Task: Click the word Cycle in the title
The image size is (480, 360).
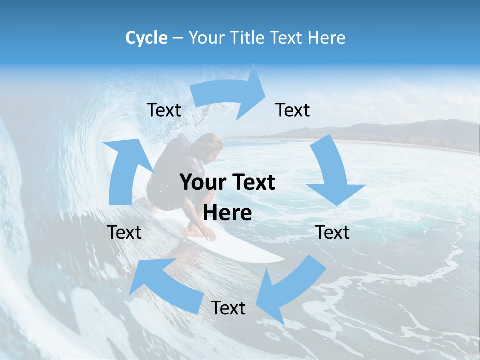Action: [146, 38]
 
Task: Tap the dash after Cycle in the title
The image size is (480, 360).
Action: [178, 38]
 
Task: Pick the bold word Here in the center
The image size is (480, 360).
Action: [227, 213]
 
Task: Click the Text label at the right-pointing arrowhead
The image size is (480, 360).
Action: [293, 110]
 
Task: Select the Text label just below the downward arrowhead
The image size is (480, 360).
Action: [333, 232]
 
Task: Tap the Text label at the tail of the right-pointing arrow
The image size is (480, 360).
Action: [164, 110]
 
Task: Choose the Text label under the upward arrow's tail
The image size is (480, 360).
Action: [124, 232]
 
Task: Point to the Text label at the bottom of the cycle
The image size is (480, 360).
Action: [228, 308]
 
